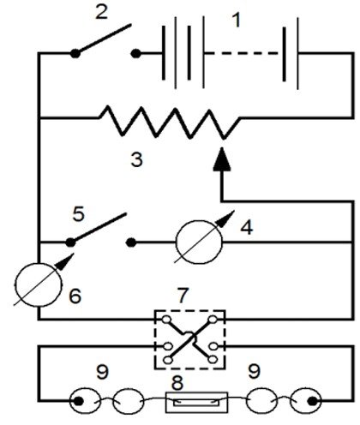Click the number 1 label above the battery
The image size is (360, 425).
[237, 21]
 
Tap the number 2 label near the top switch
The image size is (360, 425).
[101, 13]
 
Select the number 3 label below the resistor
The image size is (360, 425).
[136, 159]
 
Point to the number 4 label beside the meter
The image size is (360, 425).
[247, 228]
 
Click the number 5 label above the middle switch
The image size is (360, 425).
[79, 214]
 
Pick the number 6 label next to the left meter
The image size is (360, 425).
[75, 296]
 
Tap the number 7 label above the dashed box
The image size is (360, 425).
[183, 296]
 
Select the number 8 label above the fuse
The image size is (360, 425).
[177, 383]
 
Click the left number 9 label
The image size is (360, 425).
[103, 372]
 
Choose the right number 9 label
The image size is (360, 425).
[255, 371]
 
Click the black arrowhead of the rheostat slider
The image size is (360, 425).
[222, 159]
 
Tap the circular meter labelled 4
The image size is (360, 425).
[199, 242]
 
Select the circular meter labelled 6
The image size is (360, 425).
[38, 284]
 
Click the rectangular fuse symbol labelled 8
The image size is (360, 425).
[197, 402]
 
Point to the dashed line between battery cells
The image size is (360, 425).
[244, 53]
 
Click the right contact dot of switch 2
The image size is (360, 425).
[136, 53]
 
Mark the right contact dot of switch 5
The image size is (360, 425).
[131, 242]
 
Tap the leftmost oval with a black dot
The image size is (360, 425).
[85, 401]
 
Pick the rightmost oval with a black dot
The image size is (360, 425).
[306, 401]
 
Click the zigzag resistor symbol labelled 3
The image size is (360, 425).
[169, 123]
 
